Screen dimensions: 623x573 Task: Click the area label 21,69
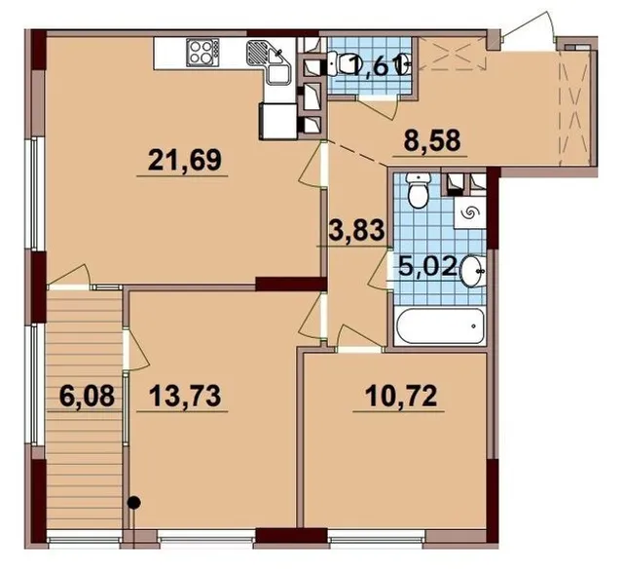(184, 161)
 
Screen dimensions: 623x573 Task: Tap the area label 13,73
(185, 397)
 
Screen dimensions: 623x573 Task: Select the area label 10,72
(401, 396)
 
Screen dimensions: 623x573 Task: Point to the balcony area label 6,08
(87, 397)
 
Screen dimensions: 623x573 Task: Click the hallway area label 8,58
(432, 140)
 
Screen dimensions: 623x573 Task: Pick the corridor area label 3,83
(357, 231)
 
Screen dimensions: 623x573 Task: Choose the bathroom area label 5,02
(426, 266)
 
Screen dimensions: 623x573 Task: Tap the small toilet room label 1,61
(377, 64)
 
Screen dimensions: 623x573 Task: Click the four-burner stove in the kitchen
(203, 53)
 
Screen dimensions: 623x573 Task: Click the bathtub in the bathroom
(440, 326)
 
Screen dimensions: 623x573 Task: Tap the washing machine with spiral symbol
(469, 212)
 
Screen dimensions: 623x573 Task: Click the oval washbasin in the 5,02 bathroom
(473, 270)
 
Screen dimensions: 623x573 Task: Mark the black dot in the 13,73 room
(134, 503)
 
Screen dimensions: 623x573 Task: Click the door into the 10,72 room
(358, 339)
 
